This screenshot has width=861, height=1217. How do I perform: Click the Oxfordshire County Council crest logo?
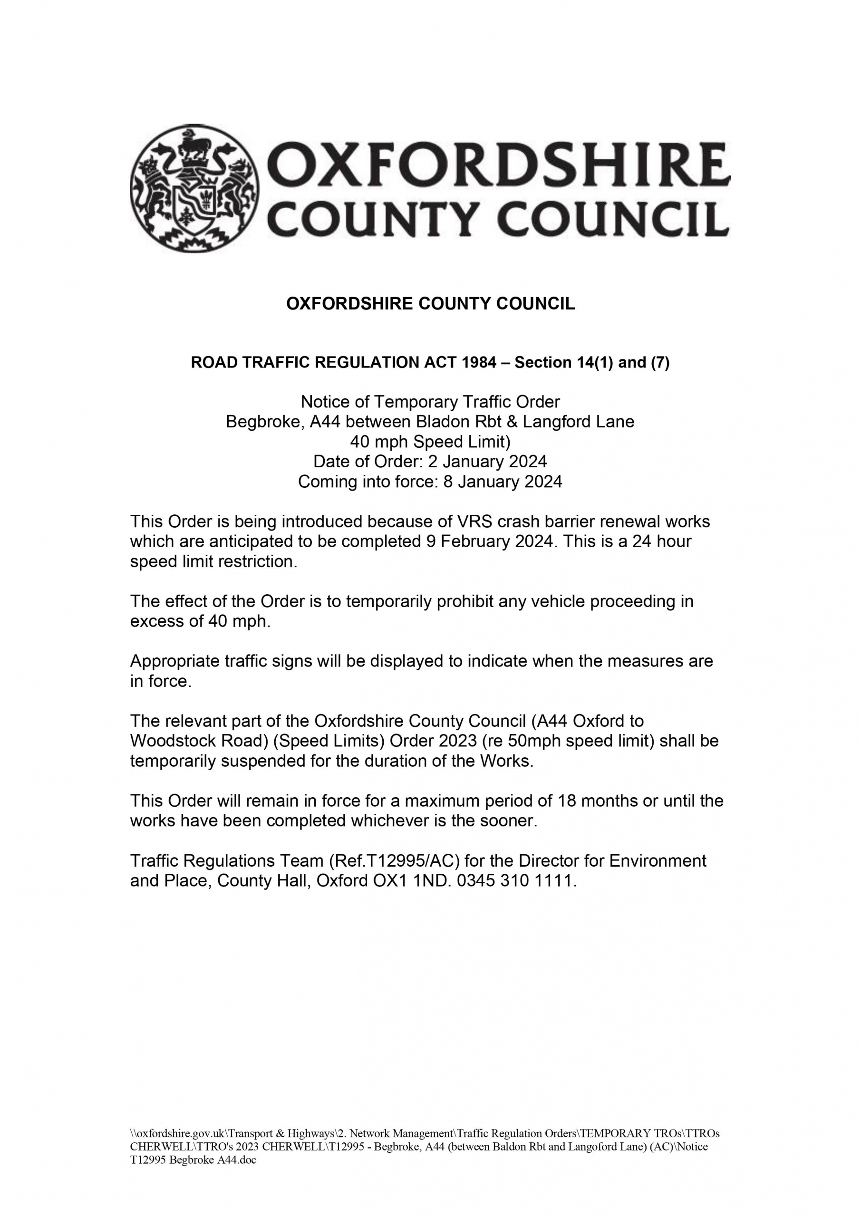coord(195,189)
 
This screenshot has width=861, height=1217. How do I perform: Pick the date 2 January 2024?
coord(487,462)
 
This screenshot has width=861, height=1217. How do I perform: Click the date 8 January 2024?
coord(503,482)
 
